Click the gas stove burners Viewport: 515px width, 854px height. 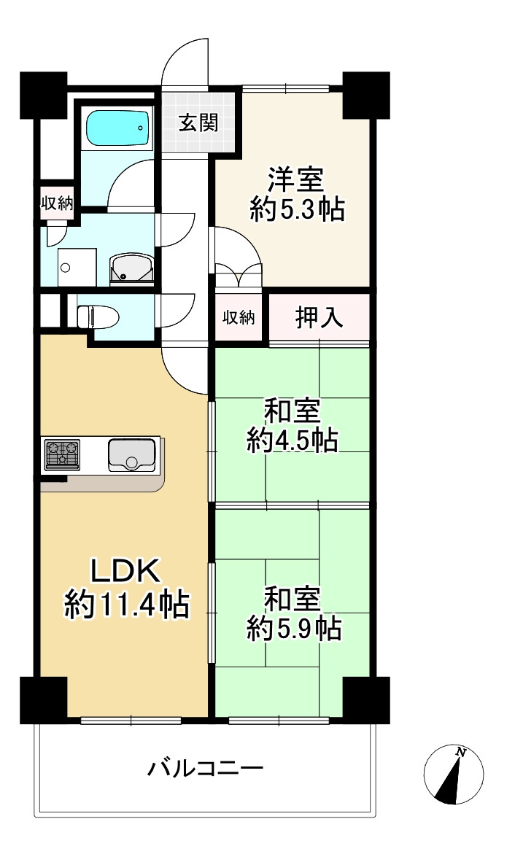(63, 454)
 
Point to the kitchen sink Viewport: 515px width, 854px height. (132, 454)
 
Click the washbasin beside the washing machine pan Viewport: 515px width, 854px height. (131, 268)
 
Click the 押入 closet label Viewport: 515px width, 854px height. (319, 317)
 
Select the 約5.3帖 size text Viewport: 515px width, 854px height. (297, 210)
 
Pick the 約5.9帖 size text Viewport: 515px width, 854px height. (294, 627)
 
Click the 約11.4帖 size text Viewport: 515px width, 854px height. (125, 605)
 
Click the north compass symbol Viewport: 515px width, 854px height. (454, 775)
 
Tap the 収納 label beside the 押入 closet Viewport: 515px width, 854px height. (239, 317)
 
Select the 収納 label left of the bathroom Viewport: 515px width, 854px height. (56, 203)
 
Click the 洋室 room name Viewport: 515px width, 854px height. (295, 179)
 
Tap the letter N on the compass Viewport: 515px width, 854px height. (460, 752)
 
